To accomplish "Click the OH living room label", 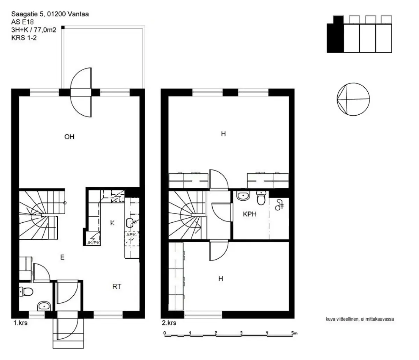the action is click(69, 137).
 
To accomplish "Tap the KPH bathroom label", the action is click(250, 214).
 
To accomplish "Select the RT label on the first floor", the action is click(117, 287).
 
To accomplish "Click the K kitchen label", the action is click(112, 223).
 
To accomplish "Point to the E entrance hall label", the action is click(63, 257).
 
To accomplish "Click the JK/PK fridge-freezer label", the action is click(93, 243).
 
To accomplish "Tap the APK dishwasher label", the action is click(131, 235).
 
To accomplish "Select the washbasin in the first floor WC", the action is click(44, 306).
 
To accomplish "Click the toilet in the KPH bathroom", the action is click(261, 198).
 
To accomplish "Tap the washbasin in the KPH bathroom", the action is click(243, 196).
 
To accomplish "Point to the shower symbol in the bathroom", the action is click(279, 204).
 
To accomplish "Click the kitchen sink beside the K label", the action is click(130, 223).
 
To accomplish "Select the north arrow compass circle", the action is click(353, 99).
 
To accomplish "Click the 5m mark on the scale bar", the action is click(294, 333).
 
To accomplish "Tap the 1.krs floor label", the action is click(20, 323).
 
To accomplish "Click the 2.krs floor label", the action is click(169, 323).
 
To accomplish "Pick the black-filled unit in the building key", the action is click(335, 34).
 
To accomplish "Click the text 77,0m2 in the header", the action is click(45, 30).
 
